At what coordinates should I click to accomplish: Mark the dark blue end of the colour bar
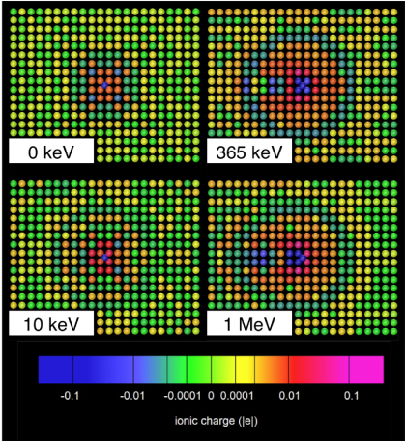tap(48, 371)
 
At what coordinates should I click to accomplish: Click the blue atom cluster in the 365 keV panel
tap(303, 85)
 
